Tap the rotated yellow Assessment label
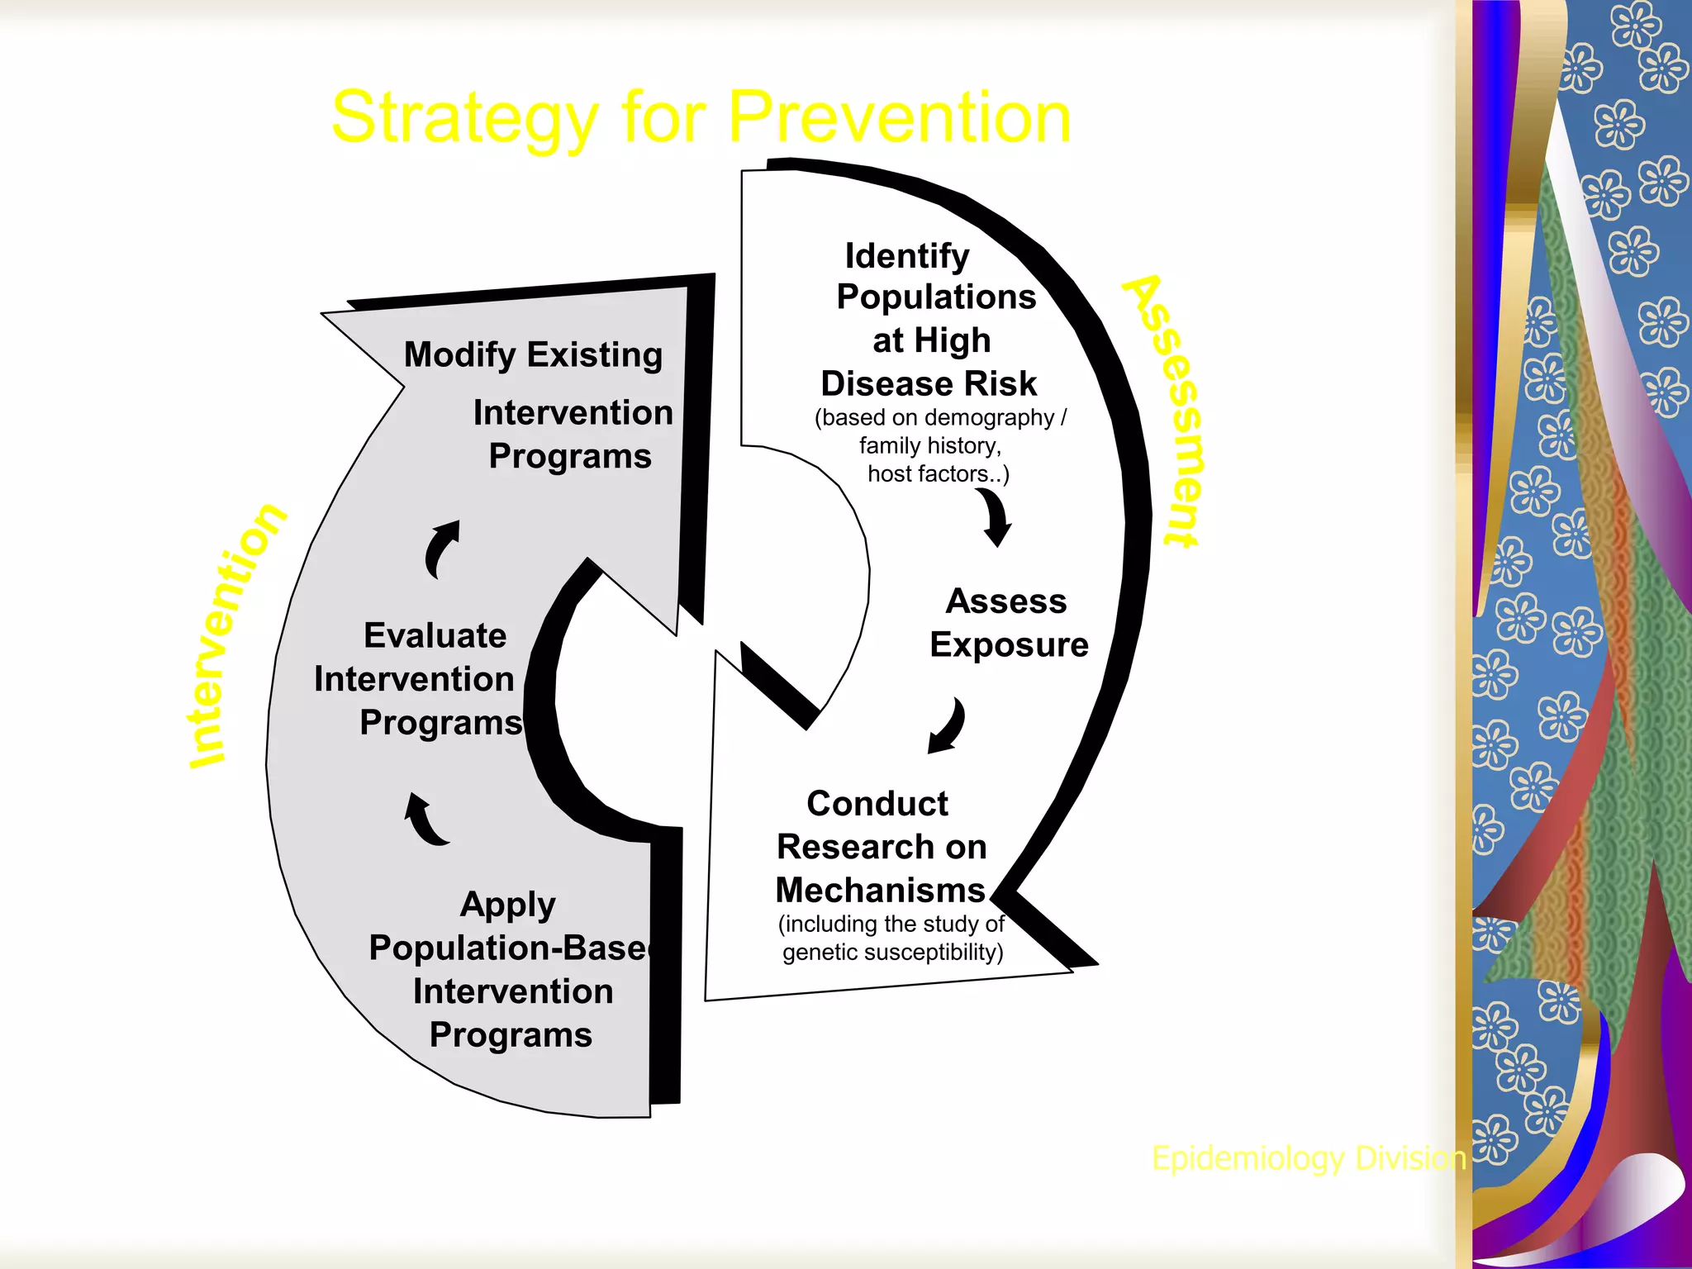click(x=1166, y=411)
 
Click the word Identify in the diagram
click(x=906, y=256)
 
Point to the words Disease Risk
click(x=928, y=383)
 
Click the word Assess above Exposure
click(x=1005, y=601)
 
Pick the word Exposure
click(x=1009, y=645)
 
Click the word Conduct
click(x=877, y=803)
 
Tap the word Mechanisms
click(x=881, y=891)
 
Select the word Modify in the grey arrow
click(x=459, y=354)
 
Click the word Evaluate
click(x=435, y=635)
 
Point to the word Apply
click(x=507, y=905)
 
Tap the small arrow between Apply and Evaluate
click(x=425, y=820)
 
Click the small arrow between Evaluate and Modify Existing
click(x=442, y=549)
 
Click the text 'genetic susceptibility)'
click(x=892, y=953)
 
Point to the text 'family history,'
click(x=929, y=446)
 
